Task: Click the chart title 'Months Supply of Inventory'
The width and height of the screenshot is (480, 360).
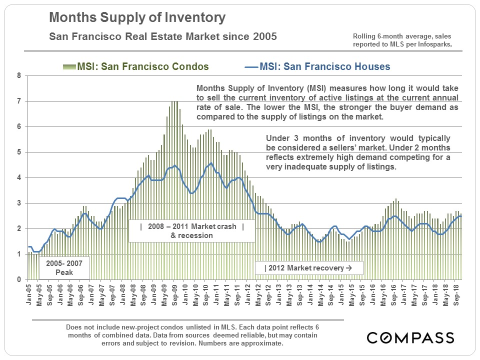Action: pyautogui.click(x=137, y=18)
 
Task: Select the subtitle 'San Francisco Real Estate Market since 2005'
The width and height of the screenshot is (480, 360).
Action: pyautogui.click(x=162, y=37)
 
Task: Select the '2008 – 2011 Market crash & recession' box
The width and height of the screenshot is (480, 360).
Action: pyautogui.click(x=192, y=230)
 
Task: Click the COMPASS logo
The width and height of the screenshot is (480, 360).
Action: pyautogui.click(x=410, y=337)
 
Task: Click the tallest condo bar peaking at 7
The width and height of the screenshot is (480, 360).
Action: pyautogui.click(x=174, y=190)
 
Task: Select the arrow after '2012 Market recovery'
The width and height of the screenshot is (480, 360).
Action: pyautogui.click(x=349, y=268)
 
